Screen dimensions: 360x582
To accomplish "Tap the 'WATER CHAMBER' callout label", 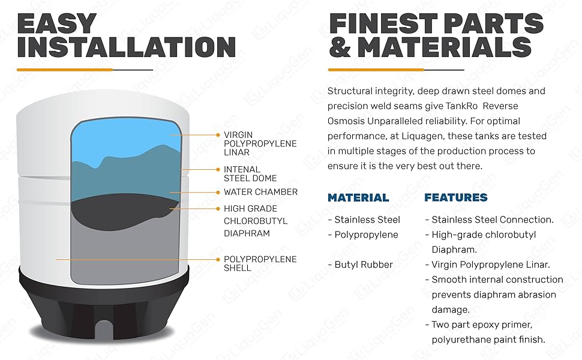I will pos(260,192).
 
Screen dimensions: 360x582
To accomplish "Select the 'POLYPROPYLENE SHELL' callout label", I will pos(260,263).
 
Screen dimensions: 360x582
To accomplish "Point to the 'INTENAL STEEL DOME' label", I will pos(250,174).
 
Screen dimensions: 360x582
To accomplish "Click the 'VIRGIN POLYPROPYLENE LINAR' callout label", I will pos(260,143).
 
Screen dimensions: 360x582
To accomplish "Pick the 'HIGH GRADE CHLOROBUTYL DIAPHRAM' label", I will pos(255,221).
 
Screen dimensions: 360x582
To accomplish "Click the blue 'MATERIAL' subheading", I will pos(358,197).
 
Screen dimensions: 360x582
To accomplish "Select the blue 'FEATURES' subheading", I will pos(455,197).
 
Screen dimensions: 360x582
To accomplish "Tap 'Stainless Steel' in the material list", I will pos(367,220).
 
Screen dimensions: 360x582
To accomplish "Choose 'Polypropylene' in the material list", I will pos(365,235).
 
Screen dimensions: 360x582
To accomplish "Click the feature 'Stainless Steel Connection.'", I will pos(492,220).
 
